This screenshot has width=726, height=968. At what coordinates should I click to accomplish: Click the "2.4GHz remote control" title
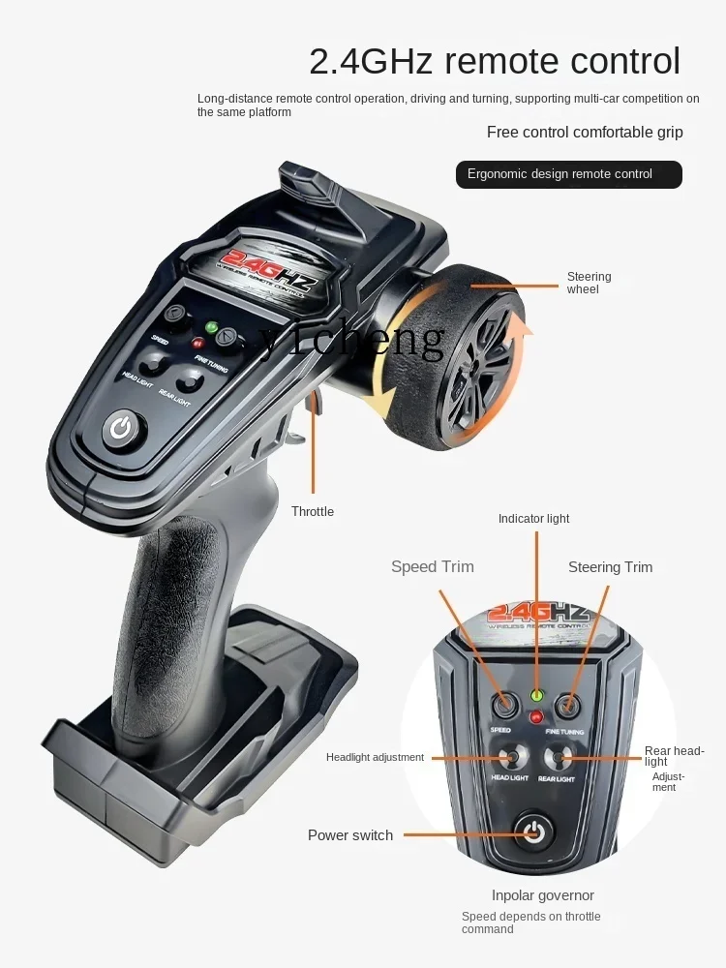pyautogui.click(x=495, y=61)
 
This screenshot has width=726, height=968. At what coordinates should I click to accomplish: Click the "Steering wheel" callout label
pyautogui.click(x=589, y=283)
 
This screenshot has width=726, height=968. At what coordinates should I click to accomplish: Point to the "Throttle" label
pyautogui.click(x=313, y=511)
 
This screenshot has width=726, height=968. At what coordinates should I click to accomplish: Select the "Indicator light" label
pyautogui.click(x=533, y=519)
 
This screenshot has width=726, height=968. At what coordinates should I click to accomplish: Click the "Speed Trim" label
pyautogui.click(x=433, y=567)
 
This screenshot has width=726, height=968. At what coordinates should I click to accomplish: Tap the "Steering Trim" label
pyautogui.click(x=610, y=567)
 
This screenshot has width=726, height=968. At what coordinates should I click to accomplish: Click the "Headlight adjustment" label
pyautogui.click(x=375, y=757)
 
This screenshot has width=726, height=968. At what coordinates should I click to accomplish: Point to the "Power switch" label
pyautogui.click(x=350, y=835)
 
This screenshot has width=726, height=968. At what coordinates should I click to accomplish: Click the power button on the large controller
pyautogui.click(x=121, y=428)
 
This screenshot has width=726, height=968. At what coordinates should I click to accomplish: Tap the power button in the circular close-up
pyautogui.click(x=533, y=830)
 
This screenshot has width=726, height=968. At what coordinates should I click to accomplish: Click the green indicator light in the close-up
pyautogui.click(x=535, y=695)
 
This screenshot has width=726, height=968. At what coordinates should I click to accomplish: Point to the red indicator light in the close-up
pyautogui.click(x=535, y=717)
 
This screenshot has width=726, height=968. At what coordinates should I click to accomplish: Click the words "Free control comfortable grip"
pyautogui.click(x=585, y=133)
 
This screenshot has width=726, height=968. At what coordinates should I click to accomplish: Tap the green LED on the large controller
pyautogui.click(x=212, y=326)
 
